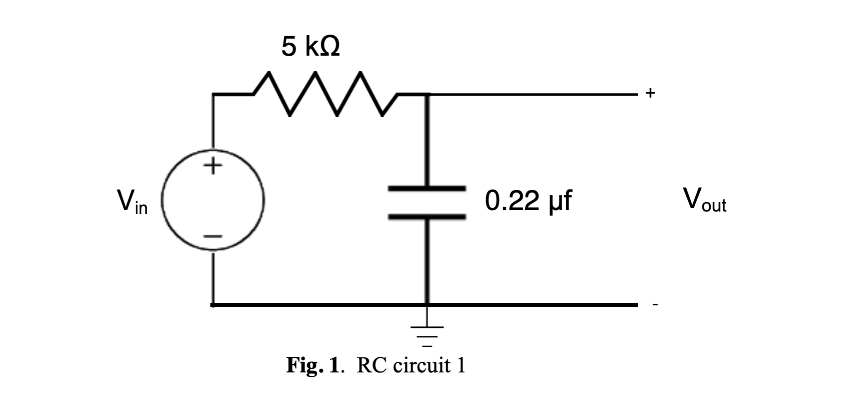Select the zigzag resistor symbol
tap(325, 94)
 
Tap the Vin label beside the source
tap(132, 202)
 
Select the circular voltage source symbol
tap(213, 201)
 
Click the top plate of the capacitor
tap(427, 188)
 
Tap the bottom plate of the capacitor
tap(427, 216)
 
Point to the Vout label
tap(705, 200)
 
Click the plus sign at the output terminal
tap(650, 93)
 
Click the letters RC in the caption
tap(371, 365)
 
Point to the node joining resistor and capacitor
tap(427, 94)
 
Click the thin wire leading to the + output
tap(536, 94)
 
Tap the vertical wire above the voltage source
tap(214, 120)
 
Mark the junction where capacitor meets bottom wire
tap(427, 304)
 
